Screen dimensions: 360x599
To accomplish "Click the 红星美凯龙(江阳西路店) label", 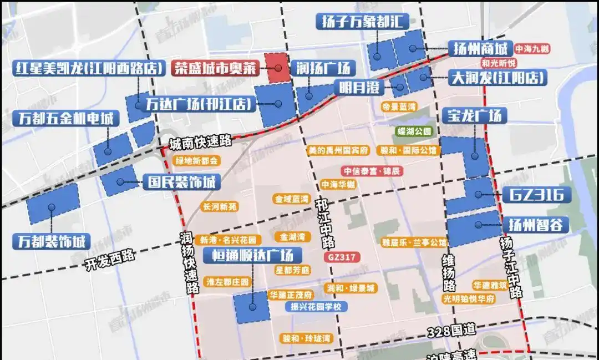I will point(89,68).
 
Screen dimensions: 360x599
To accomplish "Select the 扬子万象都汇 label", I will point(363,22).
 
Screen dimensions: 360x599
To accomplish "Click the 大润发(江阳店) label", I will point(498,77).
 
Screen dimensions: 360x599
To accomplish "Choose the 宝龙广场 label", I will point(475,115).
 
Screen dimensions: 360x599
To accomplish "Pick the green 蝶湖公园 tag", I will point(414,131).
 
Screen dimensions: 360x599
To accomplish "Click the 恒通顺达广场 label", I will point(252,255).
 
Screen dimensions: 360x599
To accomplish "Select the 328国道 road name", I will point(451,331).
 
